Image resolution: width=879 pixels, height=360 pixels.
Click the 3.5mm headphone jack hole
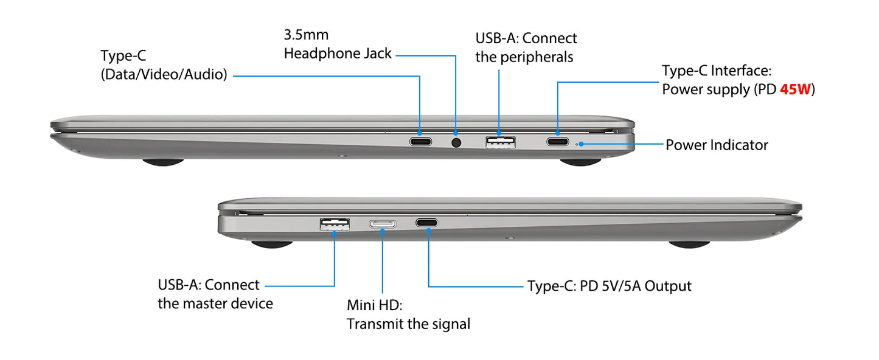(456, 142)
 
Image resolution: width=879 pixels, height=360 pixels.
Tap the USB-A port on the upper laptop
(500, 142)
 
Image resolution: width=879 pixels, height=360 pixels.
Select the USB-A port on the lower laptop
(335, 224)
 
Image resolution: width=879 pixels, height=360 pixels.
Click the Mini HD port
(382, 224)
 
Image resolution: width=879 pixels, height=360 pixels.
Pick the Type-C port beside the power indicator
(558, 141)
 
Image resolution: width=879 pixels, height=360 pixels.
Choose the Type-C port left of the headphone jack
(421, 141)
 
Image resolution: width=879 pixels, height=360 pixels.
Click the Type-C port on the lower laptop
(426, 223)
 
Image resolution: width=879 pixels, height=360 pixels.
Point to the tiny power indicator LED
(577, 144)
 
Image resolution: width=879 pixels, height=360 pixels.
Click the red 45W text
(795, 89)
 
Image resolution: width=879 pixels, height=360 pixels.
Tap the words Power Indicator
(717, 145)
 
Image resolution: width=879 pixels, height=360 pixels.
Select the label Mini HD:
(375, 305)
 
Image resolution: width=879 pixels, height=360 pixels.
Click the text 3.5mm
(306, 35)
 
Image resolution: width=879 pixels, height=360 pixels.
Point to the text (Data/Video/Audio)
(164, 75)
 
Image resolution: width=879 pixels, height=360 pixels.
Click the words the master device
(215, 303)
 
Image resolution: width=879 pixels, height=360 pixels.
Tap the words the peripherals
(524, 57)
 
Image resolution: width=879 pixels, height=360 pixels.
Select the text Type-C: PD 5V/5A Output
(610, 286)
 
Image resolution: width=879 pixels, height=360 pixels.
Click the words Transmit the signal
(409, 324)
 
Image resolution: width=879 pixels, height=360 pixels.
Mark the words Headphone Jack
(338, 54)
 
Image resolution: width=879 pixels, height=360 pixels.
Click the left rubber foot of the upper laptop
(163, 162)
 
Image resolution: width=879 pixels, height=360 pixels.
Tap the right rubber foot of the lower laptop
(689, 244)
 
